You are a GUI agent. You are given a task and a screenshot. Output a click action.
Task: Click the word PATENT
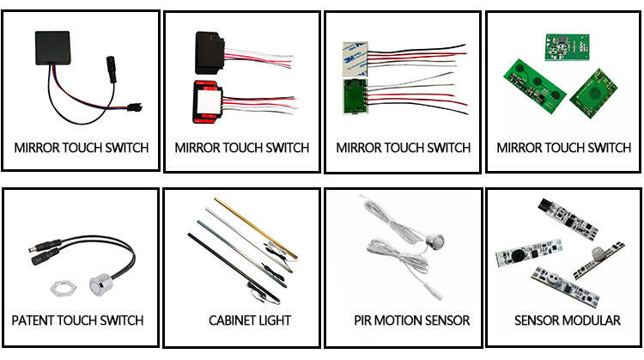tap(33, 320)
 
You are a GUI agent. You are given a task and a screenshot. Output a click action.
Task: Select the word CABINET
tap(230, 320)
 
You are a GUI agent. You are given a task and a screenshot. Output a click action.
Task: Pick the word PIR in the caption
tap(364, 320)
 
